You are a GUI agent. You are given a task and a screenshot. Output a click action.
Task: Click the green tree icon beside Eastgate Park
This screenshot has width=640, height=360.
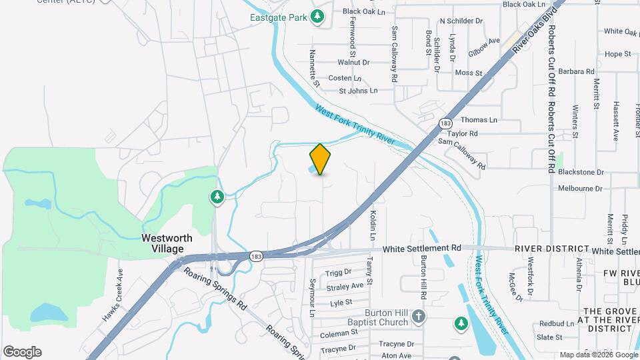pyautogui.click(x=319, y=16)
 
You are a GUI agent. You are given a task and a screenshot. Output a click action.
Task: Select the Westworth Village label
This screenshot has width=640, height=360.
pyautogui.click(x=167, y=243)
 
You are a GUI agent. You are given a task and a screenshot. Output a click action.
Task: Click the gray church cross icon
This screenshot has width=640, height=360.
pyautogui.click(x=418, y=315)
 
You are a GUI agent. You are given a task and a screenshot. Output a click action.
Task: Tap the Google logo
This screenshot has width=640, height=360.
pyautogui.click(x=22, y=352)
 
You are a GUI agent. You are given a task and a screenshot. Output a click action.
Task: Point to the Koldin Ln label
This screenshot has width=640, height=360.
pyautogui.click(x=373, y=225)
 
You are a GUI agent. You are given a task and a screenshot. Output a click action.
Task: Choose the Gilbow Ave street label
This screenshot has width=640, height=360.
pyautogui.click(x=484, y=42)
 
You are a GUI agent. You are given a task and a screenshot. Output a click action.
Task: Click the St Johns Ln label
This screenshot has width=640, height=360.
pyautogui.click(x=358, y=91)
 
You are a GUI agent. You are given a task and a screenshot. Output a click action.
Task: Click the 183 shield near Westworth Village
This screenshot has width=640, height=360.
pyautogui.click(x=256, y=256)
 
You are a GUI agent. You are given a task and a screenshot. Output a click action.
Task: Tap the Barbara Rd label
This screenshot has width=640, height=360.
pyautogui.click(x=577, y=71)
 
